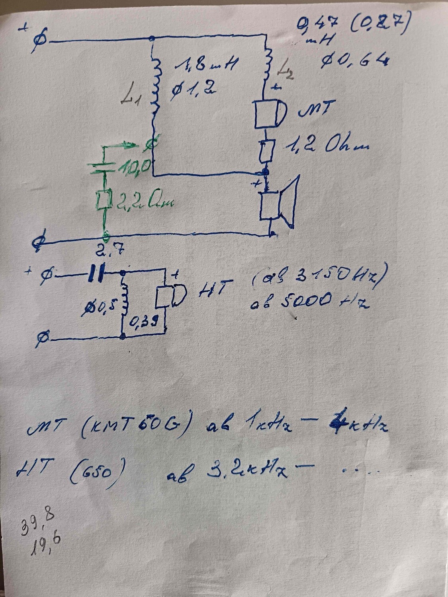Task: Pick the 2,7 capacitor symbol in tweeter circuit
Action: point(96,273)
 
